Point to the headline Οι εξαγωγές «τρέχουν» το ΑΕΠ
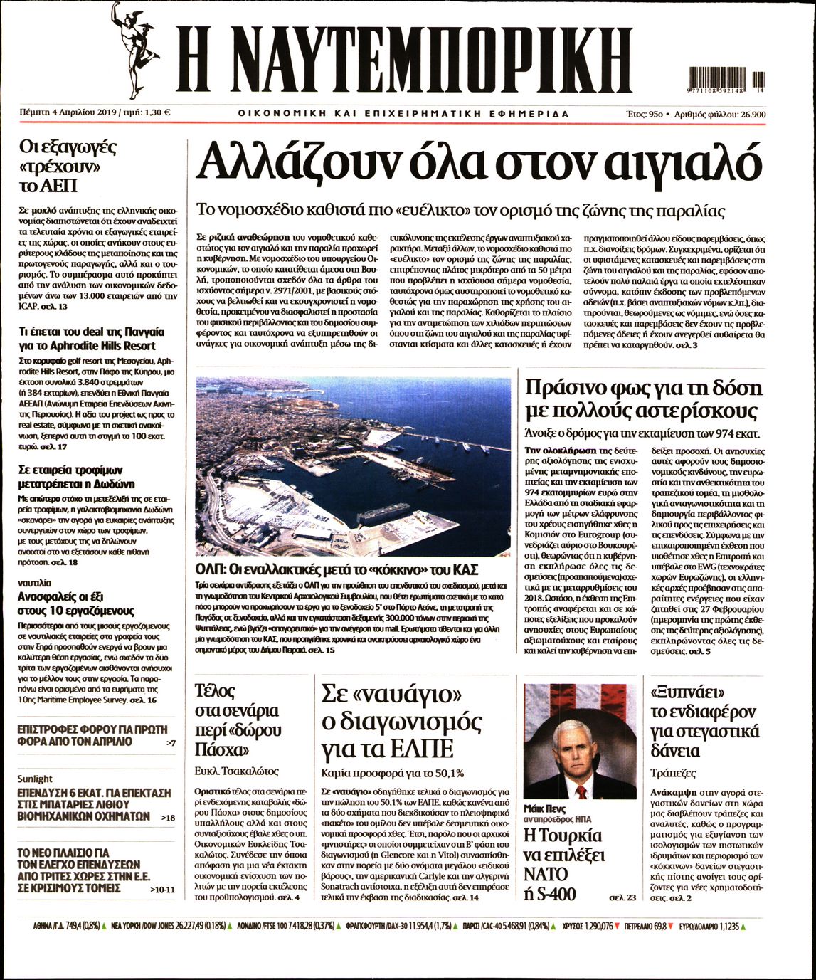click(x=67, y=167)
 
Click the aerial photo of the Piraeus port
click(x=353, y=467)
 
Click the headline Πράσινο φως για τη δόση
click(x=643, y=389)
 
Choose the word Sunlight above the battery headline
click(x=36, y=779)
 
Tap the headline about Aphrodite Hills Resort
click(x=91, y=339)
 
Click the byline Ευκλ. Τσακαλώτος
click(x=236, y=771)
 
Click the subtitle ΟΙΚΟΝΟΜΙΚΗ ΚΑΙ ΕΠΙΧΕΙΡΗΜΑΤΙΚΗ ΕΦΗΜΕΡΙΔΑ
click(x=403, y=113)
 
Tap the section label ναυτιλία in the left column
click(x=34, y=581)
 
